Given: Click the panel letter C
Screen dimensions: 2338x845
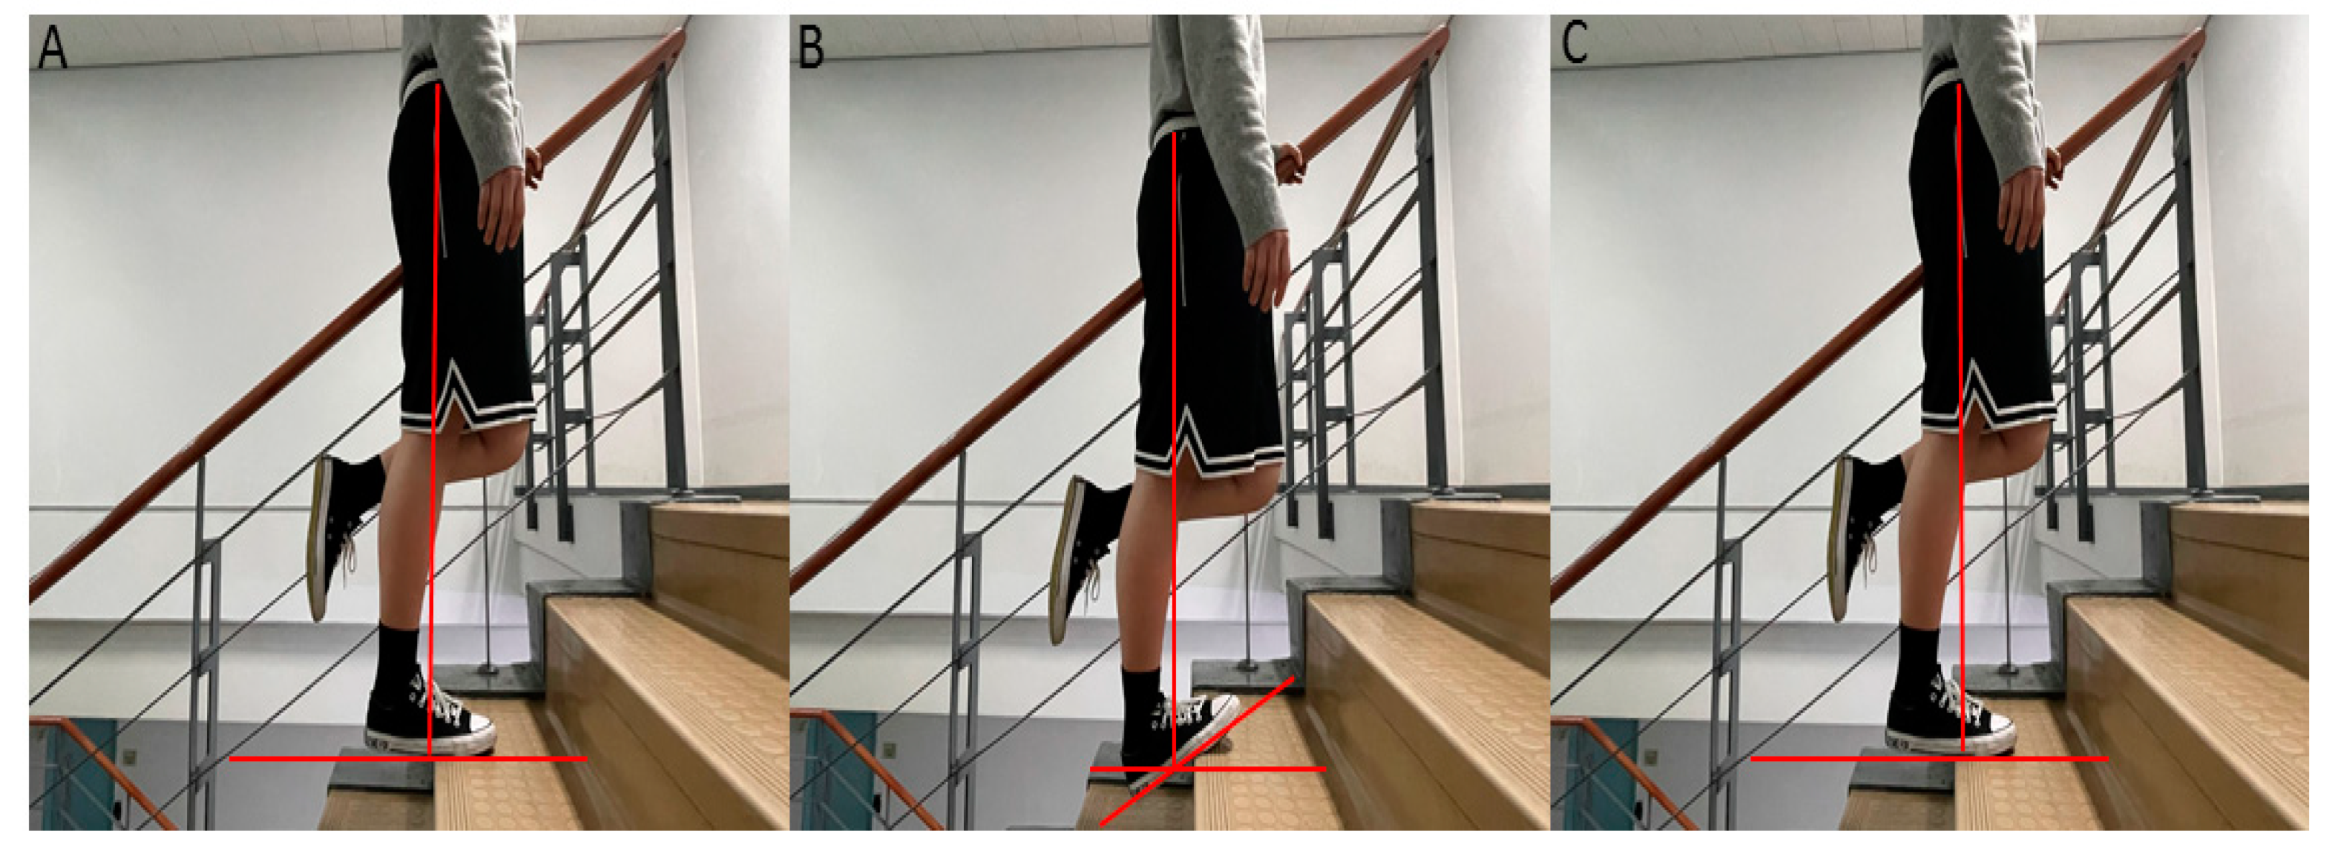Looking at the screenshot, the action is click(x=1575, y=44).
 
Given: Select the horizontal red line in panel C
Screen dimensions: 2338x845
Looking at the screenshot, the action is click(x=1929, y=758).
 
